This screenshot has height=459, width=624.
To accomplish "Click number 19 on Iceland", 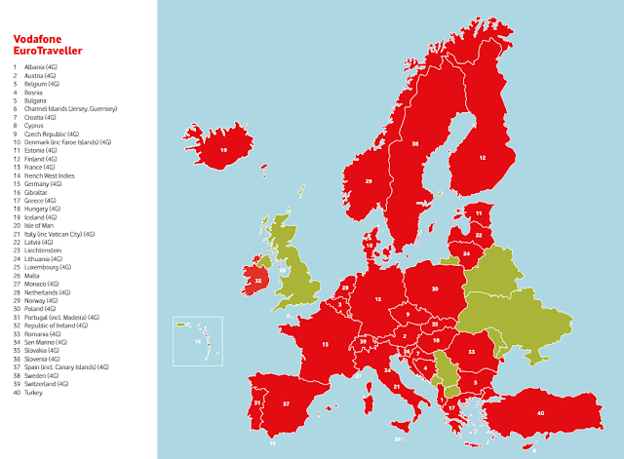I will [x=223, y=150].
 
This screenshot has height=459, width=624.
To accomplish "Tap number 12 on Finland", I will [x=481, y=156].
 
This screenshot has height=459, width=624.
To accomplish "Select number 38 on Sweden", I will [x=415, y=144].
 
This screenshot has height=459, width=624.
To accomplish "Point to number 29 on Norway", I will [x=369, y=181].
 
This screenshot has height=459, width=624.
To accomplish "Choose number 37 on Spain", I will [x=287, y=402].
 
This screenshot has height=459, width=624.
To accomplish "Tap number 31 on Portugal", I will [x=256, y=402].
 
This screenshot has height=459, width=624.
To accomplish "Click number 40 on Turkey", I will [x=539, y=412].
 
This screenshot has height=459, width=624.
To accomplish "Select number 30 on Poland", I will [x=434, y=288].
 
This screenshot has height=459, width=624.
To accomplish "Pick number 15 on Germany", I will [x=377, y=299].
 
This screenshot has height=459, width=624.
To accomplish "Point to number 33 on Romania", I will [x=472, y=352].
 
